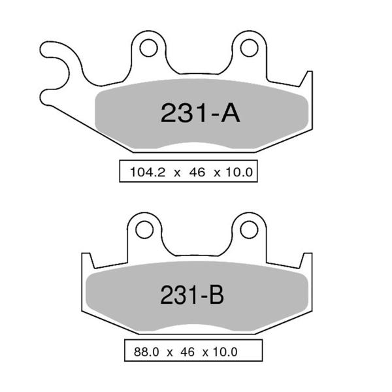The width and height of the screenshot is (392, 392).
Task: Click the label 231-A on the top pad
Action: pos(200,113)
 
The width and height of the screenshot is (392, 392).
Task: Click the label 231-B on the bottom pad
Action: pos(192,295)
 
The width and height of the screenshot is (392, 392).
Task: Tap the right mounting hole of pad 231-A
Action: pos(248,47)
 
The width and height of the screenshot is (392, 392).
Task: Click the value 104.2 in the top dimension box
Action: pos(147,172)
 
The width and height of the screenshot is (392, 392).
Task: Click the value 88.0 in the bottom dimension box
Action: pos(146,352)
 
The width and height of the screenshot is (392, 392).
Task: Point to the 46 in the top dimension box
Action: pos(195,172)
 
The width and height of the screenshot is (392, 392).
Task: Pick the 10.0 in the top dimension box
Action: pos(238,172)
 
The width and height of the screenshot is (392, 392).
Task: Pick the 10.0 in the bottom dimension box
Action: pos(223,352)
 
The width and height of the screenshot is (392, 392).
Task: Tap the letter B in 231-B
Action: pos(216,295)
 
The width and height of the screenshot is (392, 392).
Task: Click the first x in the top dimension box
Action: pos(176,173)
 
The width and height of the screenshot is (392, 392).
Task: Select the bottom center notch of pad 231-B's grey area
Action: pos(196,328)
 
